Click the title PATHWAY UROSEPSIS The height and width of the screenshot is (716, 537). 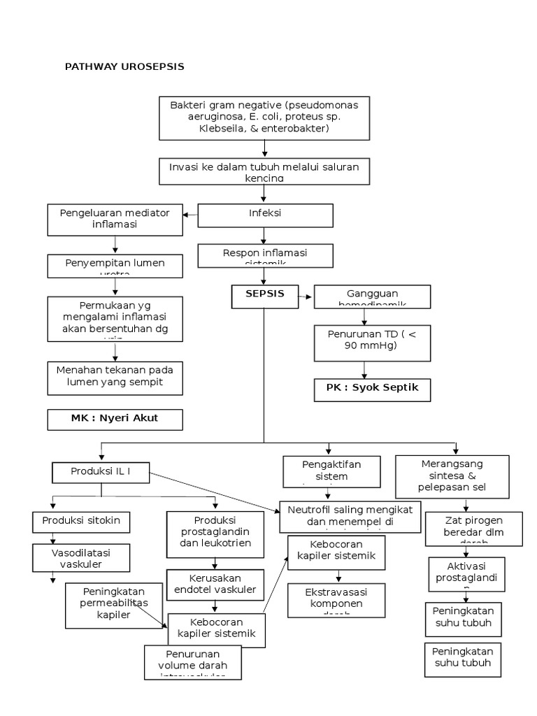click(124, 66)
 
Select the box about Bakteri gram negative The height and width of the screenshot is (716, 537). click(264, 117)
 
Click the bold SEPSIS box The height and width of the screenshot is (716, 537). click(265, 295)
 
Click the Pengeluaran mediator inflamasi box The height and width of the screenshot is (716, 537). click(115, 220)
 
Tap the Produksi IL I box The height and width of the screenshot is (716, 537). click(101, 473)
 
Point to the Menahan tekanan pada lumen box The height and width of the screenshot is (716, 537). click(115, 378)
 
